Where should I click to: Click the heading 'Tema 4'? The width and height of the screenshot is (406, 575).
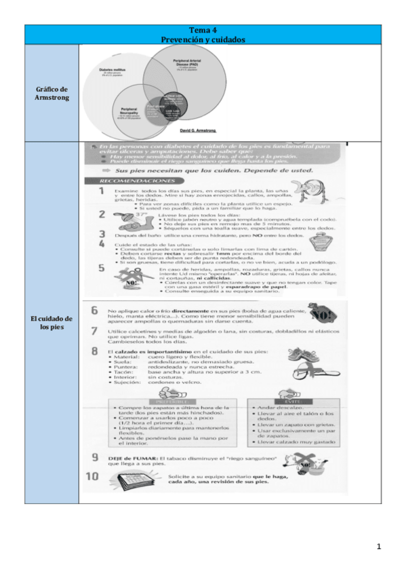click(203, 31)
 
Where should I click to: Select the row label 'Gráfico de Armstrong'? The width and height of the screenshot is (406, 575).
click(52, 94)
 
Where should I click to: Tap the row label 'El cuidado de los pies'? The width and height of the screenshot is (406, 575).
click(52, 323)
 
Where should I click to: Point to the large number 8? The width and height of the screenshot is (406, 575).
click(95, 351)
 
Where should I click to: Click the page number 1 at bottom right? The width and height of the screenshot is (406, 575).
click(380, 546)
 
